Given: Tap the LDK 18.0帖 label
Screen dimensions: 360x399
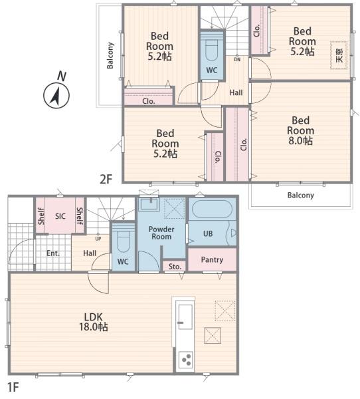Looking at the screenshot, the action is coord(94,322).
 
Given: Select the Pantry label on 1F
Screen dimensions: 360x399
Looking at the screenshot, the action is coord(212,260).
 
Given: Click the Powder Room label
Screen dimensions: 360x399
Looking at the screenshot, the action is coord(161,233).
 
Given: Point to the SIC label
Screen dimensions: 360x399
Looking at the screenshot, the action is coord(60,216).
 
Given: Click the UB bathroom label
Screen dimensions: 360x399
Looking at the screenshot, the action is coord(208,233).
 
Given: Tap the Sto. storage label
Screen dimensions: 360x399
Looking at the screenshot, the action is coord(175,267).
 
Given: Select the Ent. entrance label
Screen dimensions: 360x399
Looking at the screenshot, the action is coord(53,253).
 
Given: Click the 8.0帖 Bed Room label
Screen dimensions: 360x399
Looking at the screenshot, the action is coord(300,130).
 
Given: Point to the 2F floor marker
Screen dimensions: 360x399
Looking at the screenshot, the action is coord(106,180).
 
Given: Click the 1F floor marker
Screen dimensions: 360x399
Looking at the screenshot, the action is coord(13,387).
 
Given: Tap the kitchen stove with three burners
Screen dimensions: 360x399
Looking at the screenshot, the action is coord(185,360).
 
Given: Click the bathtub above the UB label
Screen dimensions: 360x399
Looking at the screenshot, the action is coord(212,209).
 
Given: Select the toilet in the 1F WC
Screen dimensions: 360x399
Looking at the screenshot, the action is coord(123,238).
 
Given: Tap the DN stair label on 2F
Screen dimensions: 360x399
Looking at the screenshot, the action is coord(237,60).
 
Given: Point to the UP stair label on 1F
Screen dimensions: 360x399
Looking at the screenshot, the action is coord(98,239).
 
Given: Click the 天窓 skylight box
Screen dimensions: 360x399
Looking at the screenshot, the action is coord(339,55).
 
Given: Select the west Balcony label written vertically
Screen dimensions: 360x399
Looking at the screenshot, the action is coord(110,55).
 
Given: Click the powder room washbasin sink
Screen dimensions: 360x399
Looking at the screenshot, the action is coord(150,204).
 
